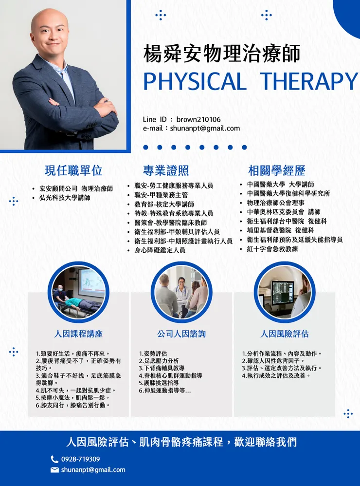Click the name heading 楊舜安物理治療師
(x=222, y=54)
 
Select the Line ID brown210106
(x=198, y=119)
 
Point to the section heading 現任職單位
(x=73, y=170)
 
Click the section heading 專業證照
(x=166, y=170)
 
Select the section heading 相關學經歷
(x=277, y=170)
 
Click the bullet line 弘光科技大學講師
(x=65, y=198)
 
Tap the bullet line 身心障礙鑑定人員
(x=160, y=250)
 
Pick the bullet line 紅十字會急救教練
(x=272, y=249)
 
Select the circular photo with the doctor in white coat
(x=181, y=291)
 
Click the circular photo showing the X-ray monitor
(x=285, y=291)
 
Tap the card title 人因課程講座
(x=78, y=334)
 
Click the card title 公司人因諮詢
(x=181, y=334)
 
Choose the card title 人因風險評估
(x=285, y=334)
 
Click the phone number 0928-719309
(x=81, y=459)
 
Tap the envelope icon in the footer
(x=54, y=470)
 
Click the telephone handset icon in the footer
(x=54, y=459)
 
